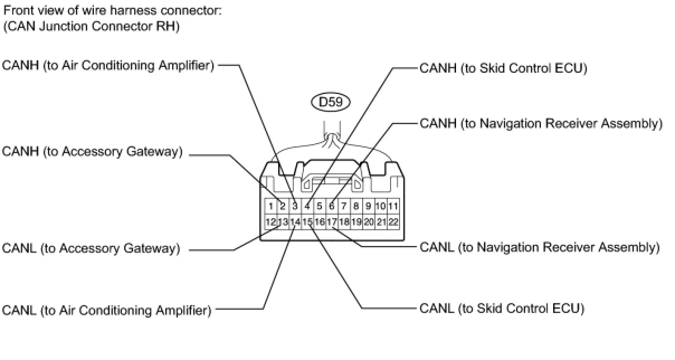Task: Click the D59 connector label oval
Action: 331,102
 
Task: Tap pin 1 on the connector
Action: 270,206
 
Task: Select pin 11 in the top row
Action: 393,206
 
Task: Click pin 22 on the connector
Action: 393,222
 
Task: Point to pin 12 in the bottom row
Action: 270,222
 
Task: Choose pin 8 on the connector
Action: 356,206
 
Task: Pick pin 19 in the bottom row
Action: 356,222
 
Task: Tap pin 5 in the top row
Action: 320,206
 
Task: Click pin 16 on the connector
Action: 320,222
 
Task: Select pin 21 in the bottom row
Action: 381,222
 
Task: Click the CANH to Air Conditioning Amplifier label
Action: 108,65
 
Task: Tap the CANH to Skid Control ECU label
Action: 503,68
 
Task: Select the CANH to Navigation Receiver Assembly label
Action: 541,124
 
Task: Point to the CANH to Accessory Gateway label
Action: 92,151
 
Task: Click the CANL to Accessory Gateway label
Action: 91,248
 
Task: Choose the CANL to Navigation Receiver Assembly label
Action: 540,247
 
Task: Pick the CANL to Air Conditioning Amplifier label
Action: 107,310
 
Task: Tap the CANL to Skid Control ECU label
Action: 502,309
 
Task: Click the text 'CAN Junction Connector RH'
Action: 91,26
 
